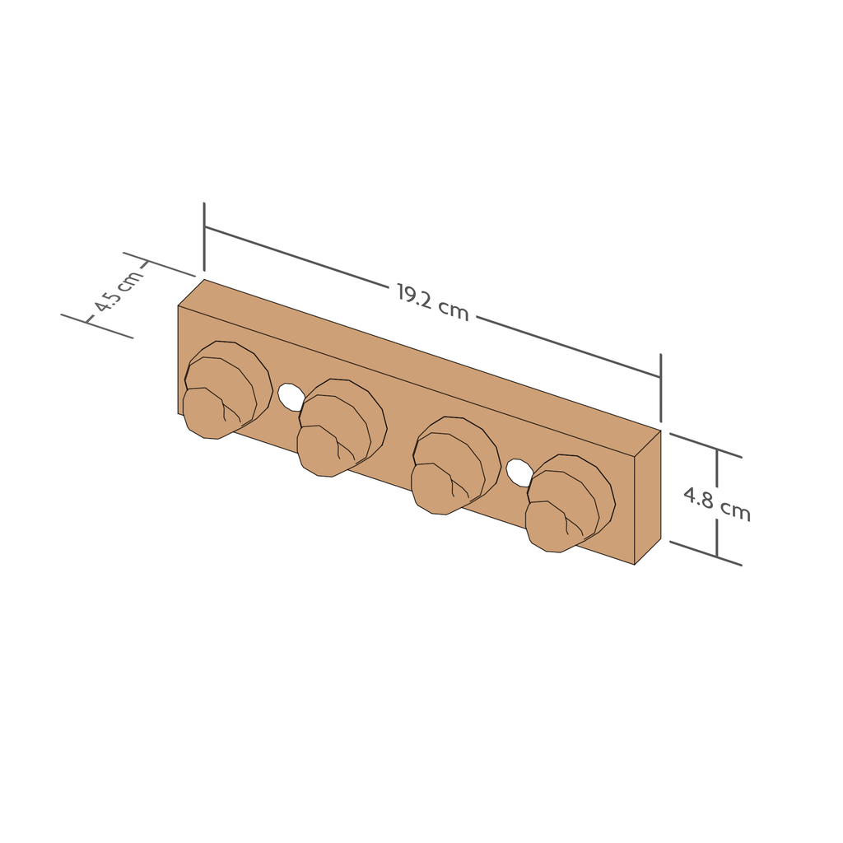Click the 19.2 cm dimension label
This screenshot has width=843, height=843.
point(433,302)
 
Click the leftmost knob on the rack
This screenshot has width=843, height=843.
point(226,389)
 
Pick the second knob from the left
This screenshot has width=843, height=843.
point(341,426)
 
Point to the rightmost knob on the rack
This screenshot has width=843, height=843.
point(570,503)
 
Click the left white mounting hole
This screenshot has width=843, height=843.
point(291,397)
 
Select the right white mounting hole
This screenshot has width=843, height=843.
point(519,473)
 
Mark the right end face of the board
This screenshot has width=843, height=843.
point(648,497)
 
